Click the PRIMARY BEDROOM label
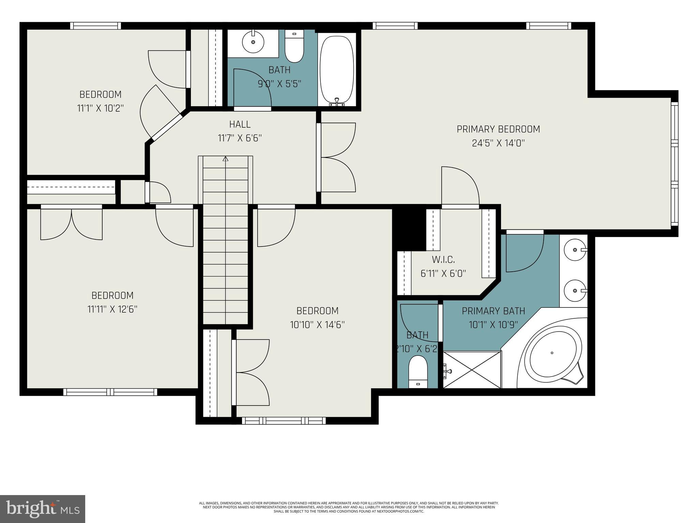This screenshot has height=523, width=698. click(498, 129)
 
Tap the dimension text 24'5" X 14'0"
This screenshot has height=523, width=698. click(498, 143)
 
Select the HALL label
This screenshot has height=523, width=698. click(240, 124)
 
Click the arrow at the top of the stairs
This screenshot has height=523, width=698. click(225, 159)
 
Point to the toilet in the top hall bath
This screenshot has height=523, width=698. click(294, 48)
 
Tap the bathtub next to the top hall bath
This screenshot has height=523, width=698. click(337, 69)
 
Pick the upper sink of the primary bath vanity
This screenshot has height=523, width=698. click(575, 250)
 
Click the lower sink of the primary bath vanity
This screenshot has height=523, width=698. click(575, 291)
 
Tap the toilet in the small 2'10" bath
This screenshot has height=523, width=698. click(418, 372)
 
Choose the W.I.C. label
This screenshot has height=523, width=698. click(443, 260)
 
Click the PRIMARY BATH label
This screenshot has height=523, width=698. click(493, 311)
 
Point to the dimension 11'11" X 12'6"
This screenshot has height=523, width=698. click(112, 309)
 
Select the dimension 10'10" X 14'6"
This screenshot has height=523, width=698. click(317, 325)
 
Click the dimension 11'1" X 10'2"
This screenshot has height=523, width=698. click(100, 108)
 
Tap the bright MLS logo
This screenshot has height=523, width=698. click(43, 509)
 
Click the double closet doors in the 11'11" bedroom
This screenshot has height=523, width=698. click(71, 223)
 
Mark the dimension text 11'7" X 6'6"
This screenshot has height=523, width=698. click(240, 138)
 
